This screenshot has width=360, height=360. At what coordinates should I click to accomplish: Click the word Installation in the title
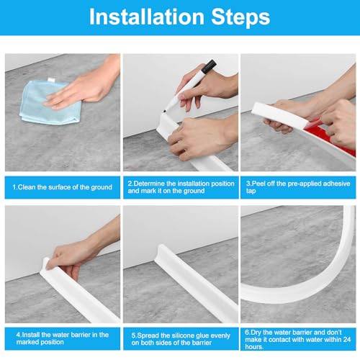coord(146,17)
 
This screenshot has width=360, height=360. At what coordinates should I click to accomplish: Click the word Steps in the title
coord(240,17)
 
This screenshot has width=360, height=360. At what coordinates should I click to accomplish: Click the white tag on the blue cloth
coord(51,79)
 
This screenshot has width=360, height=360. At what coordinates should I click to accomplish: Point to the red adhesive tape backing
coord(331,139)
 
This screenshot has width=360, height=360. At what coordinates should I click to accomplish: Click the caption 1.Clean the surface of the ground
coord(63,187)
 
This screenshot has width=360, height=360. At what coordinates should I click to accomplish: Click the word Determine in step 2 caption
coord(149,184)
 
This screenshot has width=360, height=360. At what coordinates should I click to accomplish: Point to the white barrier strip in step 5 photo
coord(197,283)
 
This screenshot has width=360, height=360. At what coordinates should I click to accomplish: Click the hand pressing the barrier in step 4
coord(79,254)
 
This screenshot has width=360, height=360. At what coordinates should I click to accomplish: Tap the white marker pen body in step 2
coord(185,91)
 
